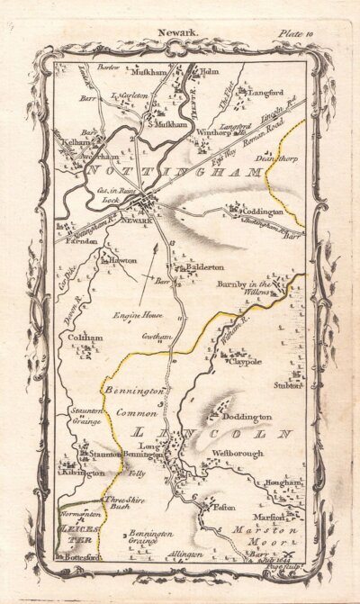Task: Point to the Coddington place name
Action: point(260,212)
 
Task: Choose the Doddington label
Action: point(247,419)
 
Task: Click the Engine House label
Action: point(135,317)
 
